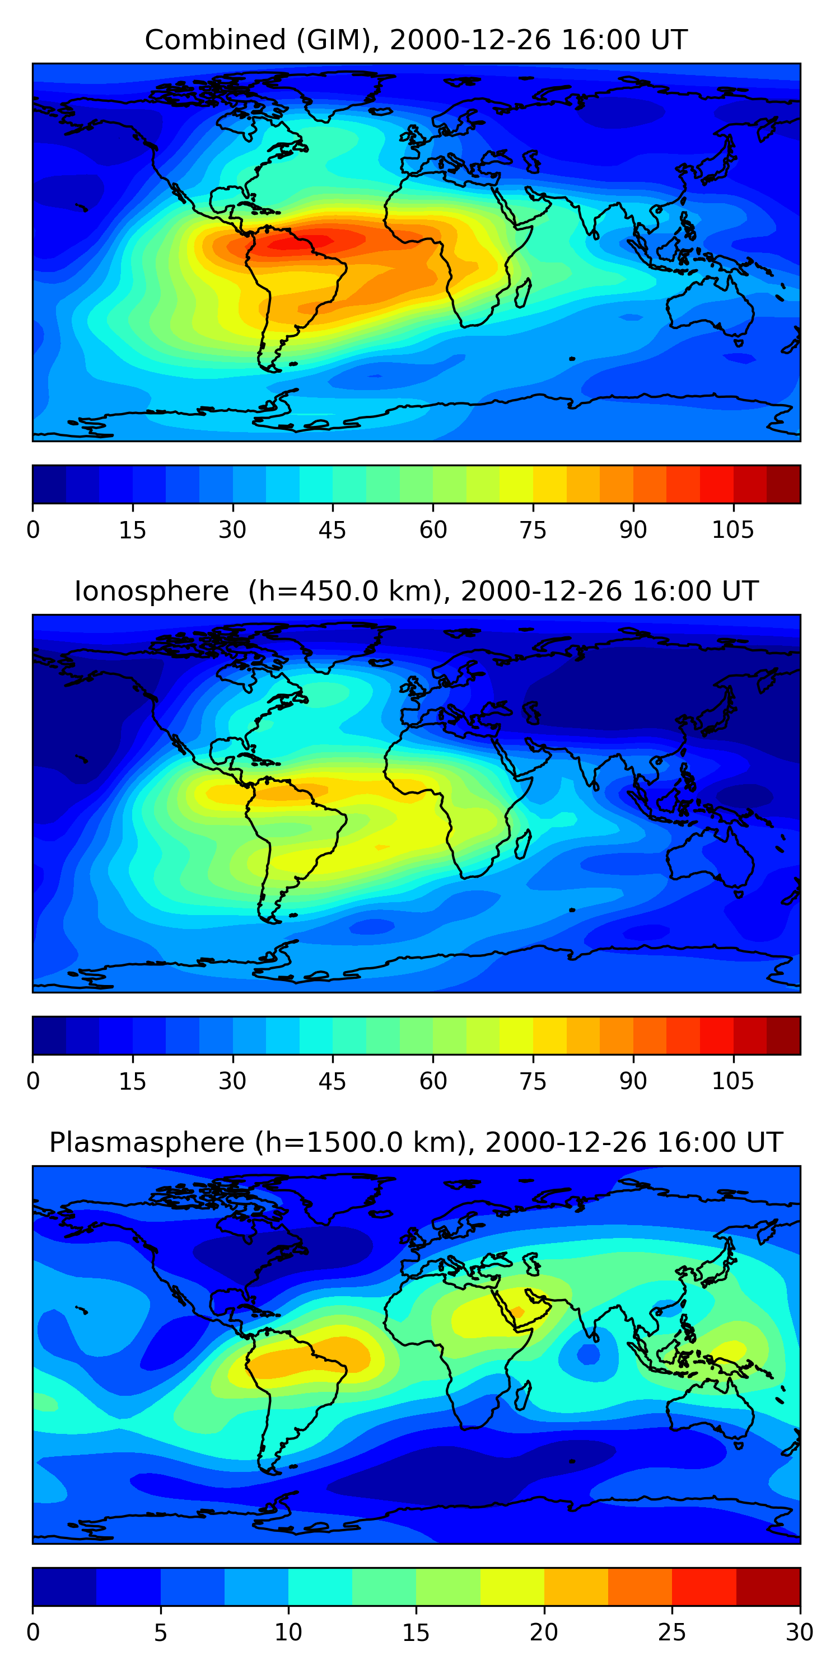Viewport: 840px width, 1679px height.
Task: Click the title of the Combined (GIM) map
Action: point(416,40)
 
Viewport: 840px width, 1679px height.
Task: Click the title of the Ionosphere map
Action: point(416,591)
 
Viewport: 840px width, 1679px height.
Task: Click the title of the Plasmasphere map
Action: point(416,1143)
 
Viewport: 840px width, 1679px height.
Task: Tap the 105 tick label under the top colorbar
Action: point(732,530)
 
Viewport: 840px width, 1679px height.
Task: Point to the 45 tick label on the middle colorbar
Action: point(332,1081)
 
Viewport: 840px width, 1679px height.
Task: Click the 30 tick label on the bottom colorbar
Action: point(799,1633)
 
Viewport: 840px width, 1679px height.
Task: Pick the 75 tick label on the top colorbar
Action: point(532,530)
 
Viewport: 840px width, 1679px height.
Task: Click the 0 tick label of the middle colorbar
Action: point(33,1081)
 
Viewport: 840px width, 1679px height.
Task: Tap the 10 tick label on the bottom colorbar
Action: point(288,1633)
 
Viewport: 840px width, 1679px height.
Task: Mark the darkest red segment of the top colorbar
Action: point(783,484)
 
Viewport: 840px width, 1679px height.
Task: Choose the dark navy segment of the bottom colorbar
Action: point(64,1587)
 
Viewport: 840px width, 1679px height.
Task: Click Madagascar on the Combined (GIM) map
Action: point(522,293)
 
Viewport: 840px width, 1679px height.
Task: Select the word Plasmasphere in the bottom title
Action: point(147,1143)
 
